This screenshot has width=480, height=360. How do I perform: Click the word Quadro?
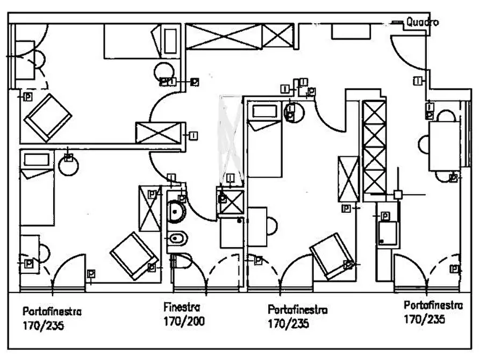pos(422,22)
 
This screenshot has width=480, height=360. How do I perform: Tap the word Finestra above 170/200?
pos(182,307)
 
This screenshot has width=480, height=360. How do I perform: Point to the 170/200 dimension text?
pos(184,321)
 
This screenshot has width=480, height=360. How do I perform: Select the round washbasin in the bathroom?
pos(176,211)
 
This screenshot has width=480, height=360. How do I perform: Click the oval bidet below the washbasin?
pos(177,237)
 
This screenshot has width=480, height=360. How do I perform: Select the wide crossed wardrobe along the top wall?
pos(240,37)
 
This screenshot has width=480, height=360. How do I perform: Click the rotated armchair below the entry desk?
pos(48,118)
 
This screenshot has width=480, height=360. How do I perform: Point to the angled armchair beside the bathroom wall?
pos(134,256)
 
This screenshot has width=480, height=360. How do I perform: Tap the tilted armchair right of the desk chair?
pos(333,256)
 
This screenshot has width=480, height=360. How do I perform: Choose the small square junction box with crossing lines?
pos(398,195)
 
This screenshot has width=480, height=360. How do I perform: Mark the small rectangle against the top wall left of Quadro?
pos(351,31)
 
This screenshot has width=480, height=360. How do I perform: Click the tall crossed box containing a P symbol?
pos(149,208)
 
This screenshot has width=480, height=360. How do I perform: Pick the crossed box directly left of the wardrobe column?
pos(348,179)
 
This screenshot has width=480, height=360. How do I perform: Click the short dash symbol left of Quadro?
pos(398,22)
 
